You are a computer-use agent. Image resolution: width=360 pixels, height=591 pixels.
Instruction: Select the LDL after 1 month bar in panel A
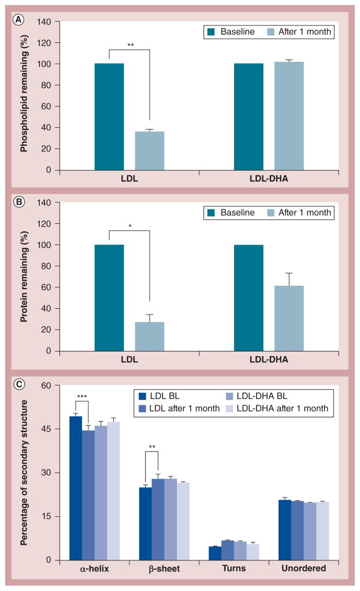coord(150,151)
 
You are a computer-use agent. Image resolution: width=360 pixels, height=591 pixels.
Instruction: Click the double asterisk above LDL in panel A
coord(129,44)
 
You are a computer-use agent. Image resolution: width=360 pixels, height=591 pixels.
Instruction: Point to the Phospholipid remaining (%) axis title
coord(24,96)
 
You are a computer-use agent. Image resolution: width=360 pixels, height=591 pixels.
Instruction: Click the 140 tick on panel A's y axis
coord(44,21)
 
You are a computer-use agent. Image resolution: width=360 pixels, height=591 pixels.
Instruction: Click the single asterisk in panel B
coord(129,225)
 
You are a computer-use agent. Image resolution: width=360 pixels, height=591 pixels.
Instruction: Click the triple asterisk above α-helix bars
coord(81,396)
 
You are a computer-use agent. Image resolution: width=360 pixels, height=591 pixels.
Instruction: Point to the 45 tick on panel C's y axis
coord(47,429)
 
